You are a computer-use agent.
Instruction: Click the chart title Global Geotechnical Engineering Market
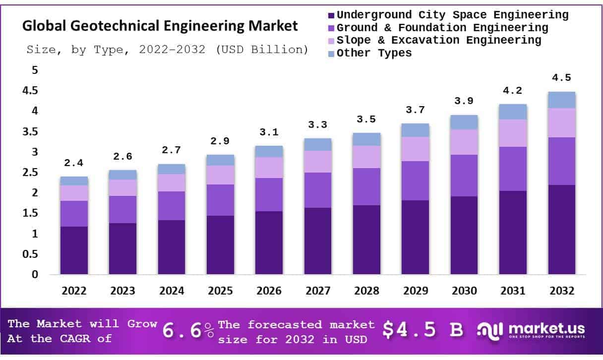(160, 26)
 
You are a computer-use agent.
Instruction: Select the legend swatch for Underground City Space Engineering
(332, 15)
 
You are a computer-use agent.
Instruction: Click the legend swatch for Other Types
(332, 54)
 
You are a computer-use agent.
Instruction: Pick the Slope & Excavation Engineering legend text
(439, 40)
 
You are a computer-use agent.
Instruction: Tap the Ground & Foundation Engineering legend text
(442, 28)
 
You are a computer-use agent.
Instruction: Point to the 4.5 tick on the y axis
(31, 91)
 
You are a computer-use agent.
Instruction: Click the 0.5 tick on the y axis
(31, 254)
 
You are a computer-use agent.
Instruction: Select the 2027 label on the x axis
(318, 291)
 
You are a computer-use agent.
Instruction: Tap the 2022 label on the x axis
(74, 291)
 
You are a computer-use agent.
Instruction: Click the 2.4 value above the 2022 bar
(74, 163)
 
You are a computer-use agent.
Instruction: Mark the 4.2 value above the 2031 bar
(513, 91)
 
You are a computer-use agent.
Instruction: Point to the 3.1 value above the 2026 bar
(269, 132)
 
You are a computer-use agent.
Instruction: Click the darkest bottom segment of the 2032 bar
(561, 230)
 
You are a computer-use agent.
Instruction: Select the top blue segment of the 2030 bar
(464, 122)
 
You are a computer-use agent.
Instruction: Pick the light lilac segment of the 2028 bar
(366, 157)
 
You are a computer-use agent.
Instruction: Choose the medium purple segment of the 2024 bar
(172, 206)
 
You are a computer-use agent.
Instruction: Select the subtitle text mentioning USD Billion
(167, 50)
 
